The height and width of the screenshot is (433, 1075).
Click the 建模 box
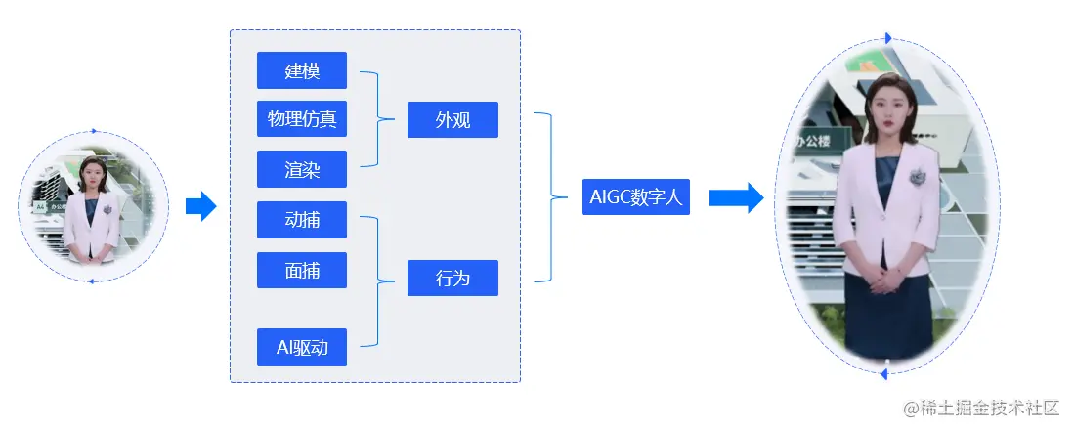click(302, 70)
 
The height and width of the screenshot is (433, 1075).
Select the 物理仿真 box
click(302, 119)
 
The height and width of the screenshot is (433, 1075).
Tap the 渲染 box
click(302, 169)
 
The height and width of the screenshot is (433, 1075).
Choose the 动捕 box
click(302, 220)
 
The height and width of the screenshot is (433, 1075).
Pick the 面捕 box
click(302, 271)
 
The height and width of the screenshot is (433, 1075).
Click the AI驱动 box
click(302, 347)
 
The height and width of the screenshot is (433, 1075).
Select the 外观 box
click(452, 120)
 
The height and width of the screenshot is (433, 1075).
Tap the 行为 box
click(452, 278)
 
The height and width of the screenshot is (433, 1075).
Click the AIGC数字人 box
click(635, 196)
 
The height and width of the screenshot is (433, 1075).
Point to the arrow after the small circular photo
click(200, 206)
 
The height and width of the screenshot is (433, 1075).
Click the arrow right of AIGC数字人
click(735, 197)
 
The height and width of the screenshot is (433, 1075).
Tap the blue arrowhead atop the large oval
click(888, 38)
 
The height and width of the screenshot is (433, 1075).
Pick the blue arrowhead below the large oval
click(883, 374)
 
